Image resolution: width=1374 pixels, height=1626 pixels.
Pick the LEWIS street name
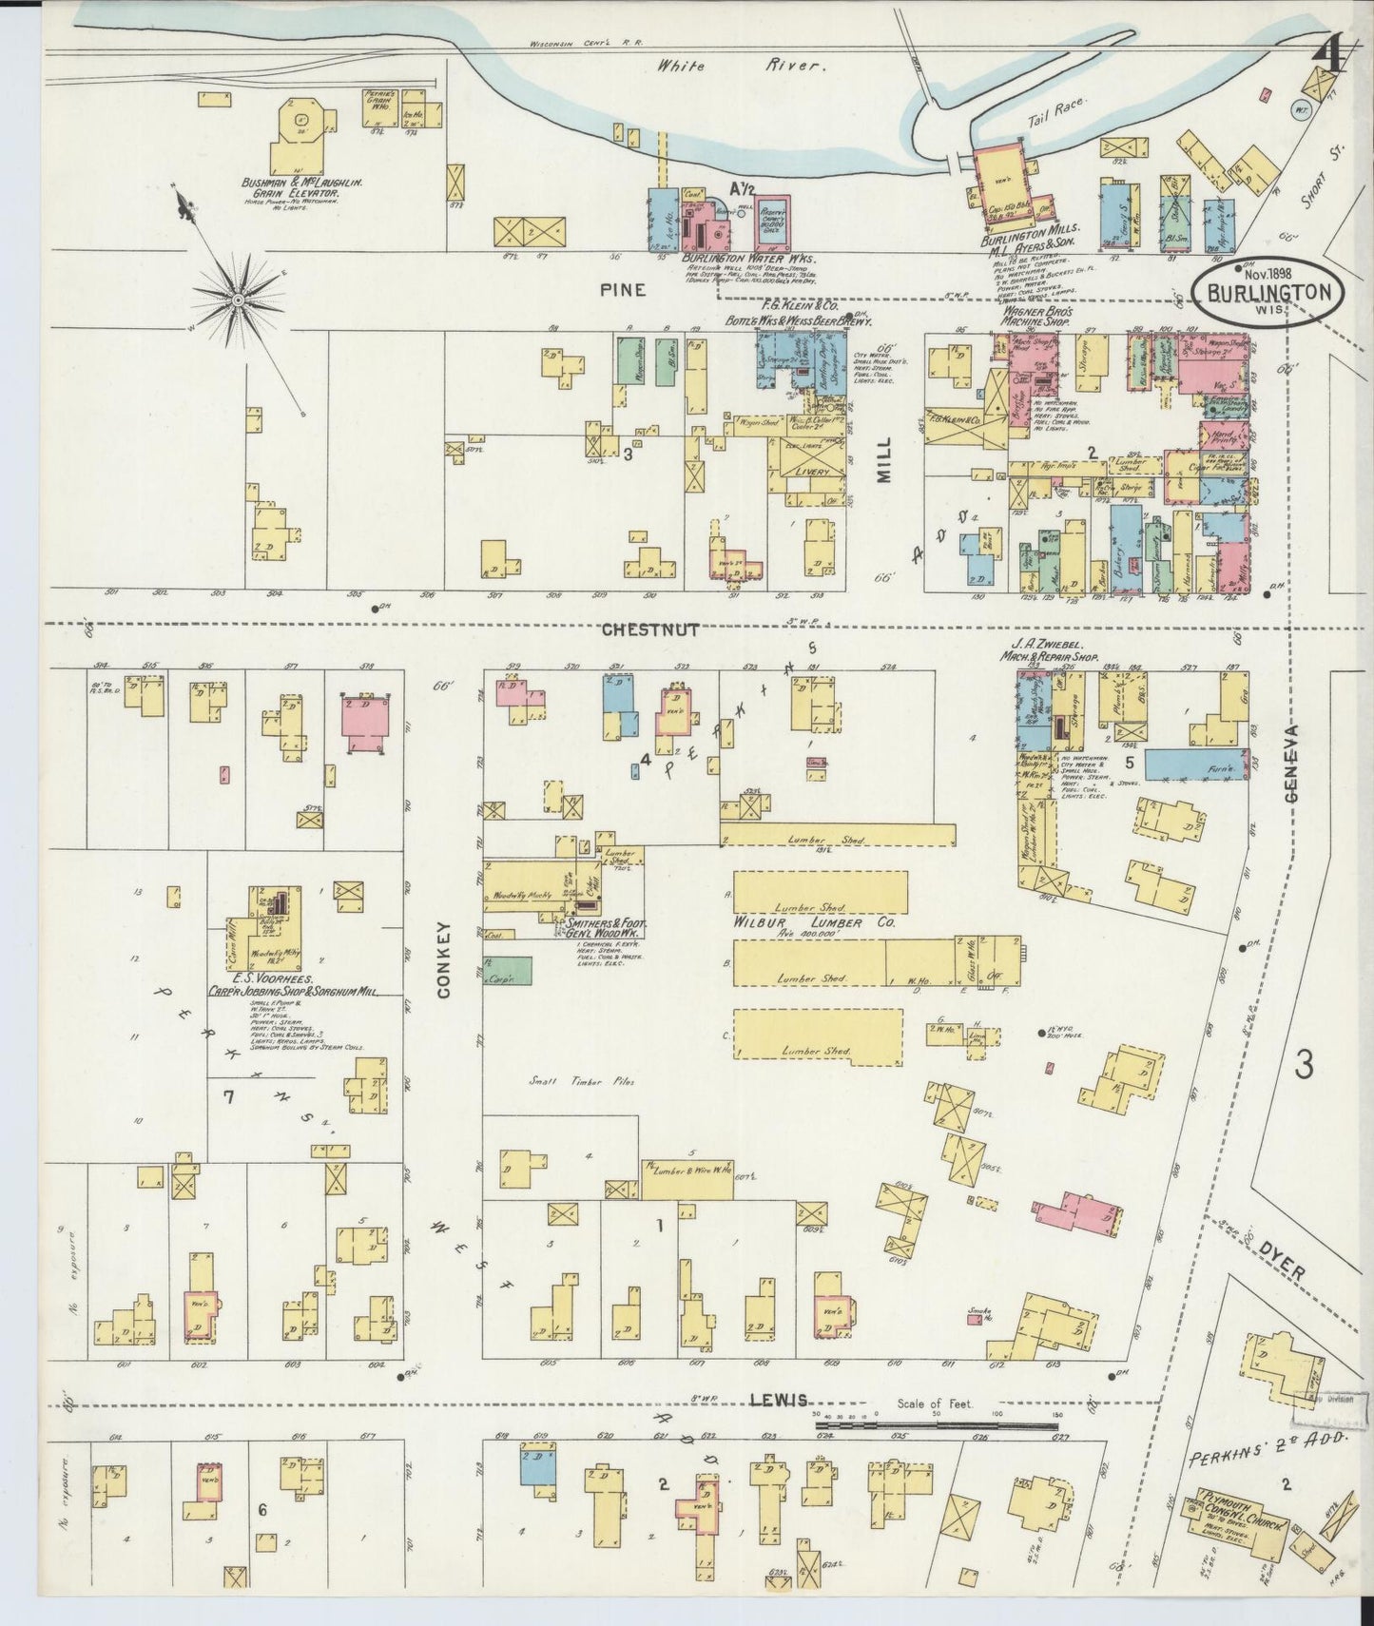click(779, 1400)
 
